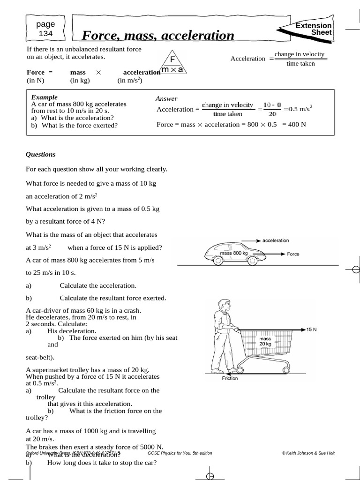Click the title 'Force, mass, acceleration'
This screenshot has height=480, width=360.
point(158,35)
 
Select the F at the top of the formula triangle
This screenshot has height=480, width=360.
point(172,60)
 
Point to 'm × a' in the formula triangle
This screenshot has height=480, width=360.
point(172,70)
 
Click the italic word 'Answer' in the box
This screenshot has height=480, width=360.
point(166,98)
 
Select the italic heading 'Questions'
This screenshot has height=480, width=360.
point(40,154)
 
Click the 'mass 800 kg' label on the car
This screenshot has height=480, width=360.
point(233,253)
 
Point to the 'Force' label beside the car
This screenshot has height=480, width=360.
point(293,254)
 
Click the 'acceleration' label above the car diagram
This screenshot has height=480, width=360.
point(276,240)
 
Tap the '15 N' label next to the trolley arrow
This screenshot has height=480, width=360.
point(312,330)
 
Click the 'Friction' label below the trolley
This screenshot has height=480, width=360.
point(230,378)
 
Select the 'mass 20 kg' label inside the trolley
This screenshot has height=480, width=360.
point(265,341)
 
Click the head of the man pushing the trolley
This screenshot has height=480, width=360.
point(225,306)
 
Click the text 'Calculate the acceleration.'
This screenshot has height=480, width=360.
point(98,285)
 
